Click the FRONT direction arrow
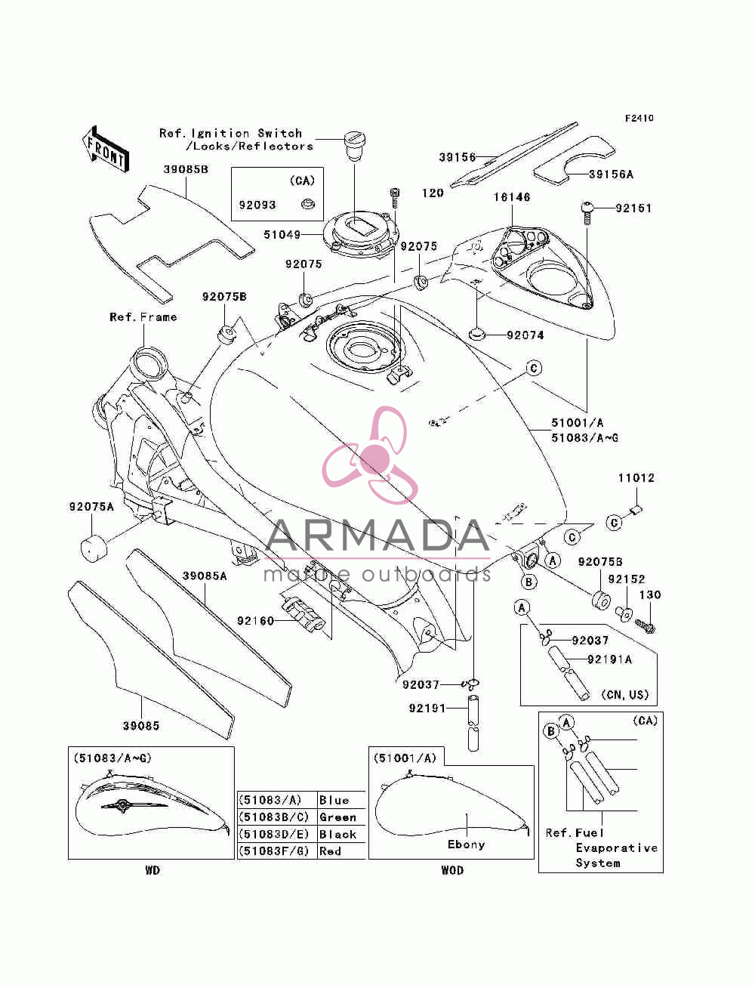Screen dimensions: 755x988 [x=106, y=149]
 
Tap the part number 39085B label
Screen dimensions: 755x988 [x=186, y=170]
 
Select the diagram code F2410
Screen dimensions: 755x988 [x=639, y=118]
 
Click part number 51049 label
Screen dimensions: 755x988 [x=282, y=234]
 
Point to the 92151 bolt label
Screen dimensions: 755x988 [x=633, y=208]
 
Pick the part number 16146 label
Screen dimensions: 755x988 [x=512, y=196]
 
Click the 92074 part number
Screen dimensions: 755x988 [x=525, y=335]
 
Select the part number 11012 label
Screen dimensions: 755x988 [x=636, y=478]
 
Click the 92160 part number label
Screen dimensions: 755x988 [x=255, y=621]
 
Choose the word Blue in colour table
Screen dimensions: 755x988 [x=334, y=801]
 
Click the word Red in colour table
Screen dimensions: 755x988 [x=330, y=851]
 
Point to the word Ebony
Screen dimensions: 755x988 [x=466, y=844]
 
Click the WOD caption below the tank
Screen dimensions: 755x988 [x=452, y=870]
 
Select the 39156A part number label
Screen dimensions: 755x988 [x=611, y=174]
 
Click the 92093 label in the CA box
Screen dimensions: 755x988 [x=257, y=205]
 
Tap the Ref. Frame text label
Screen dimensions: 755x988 [x=143, y=317]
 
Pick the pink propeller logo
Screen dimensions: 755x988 [x=370, y=455]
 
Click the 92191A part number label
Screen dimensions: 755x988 [x=610, y=659]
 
